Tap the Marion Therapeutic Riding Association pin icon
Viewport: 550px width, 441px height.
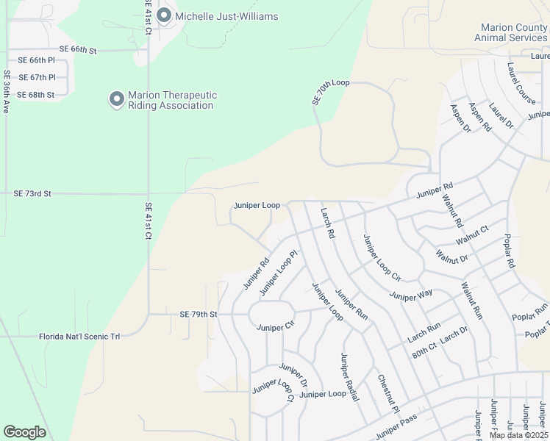pos(116,99)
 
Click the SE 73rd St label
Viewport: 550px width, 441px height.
pos(32,193)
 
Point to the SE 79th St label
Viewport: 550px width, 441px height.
pos(199,314)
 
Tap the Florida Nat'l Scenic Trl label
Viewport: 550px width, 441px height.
pos(79,336)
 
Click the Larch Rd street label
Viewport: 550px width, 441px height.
pos(327,223)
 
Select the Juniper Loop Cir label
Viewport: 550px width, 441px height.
pos(381,258)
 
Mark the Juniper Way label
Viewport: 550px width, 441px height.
pos(411,296)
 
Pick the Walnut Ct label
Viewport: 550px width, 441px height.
pos(471,235)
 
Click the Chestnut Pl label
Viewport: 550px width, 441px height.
pos(387,394)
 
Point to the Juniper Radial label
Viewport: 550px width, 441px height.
pos(349,377)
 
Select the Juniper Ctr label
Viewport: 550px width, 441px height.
pos(275,327)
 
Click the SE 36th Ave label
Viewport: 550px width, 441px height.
pos(7,91)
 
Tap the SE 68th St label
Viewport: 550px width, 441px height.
pos(35,95)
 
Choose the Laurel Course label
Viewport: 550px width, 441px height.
pos(521,80)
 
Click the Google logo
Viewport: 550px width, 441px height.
pos(24,432)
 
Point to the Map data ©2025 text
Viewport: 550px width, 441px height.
pos(518,435)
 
